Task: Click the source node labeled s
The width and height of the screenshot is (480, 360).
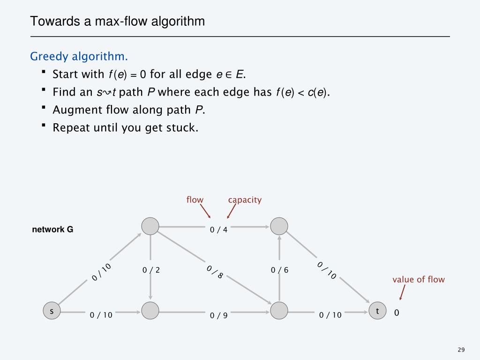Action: click(52, 311)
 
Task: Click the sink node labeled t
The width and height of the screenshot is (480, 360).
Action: click(377, 311)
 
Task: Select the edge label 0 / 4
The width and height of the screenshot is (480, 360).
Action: click(218, 230)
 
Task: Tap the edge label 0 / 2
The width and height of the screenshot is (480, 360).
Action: click(151, 270)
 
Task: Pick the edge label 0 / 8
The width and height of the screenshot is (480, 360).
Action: click(214, 272)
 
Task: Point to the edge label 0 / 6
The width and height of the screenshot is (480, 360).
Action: click(280, 270)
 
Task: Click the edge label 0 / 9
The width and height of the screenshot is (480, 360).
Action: click(218, 315)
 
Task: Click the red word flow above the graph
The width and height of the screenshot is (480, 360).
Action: click(195, 200)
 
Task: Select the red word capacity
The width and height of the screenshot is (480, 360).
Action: click(245, 200)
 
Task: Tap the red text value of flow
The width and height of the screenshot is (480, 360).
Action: click(419, 280)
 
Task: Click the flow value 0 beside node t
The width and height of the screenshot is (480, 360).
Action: click(397, 313)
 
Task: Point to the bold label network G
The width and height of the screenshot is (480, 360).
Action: click(52, 230)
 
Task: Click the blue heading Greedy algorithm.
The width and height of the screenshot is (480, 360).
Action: click(79, 57)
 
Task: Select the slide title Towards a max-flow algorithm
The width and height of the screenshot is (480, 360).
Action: click(118, 22)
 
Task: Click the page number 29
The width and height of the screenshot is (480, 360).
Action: click(461, 350)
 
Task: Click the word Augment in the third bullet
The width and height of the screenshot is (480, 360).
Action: click(73, 110)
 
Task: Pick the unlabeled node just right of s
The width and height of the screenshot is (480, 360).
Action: click(150, 310)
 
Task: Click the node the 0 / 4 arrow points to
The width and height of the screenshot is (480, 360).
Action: click(279, 226)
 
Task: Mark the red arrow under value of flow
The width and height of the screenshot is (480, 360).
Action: click(402, 293)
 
